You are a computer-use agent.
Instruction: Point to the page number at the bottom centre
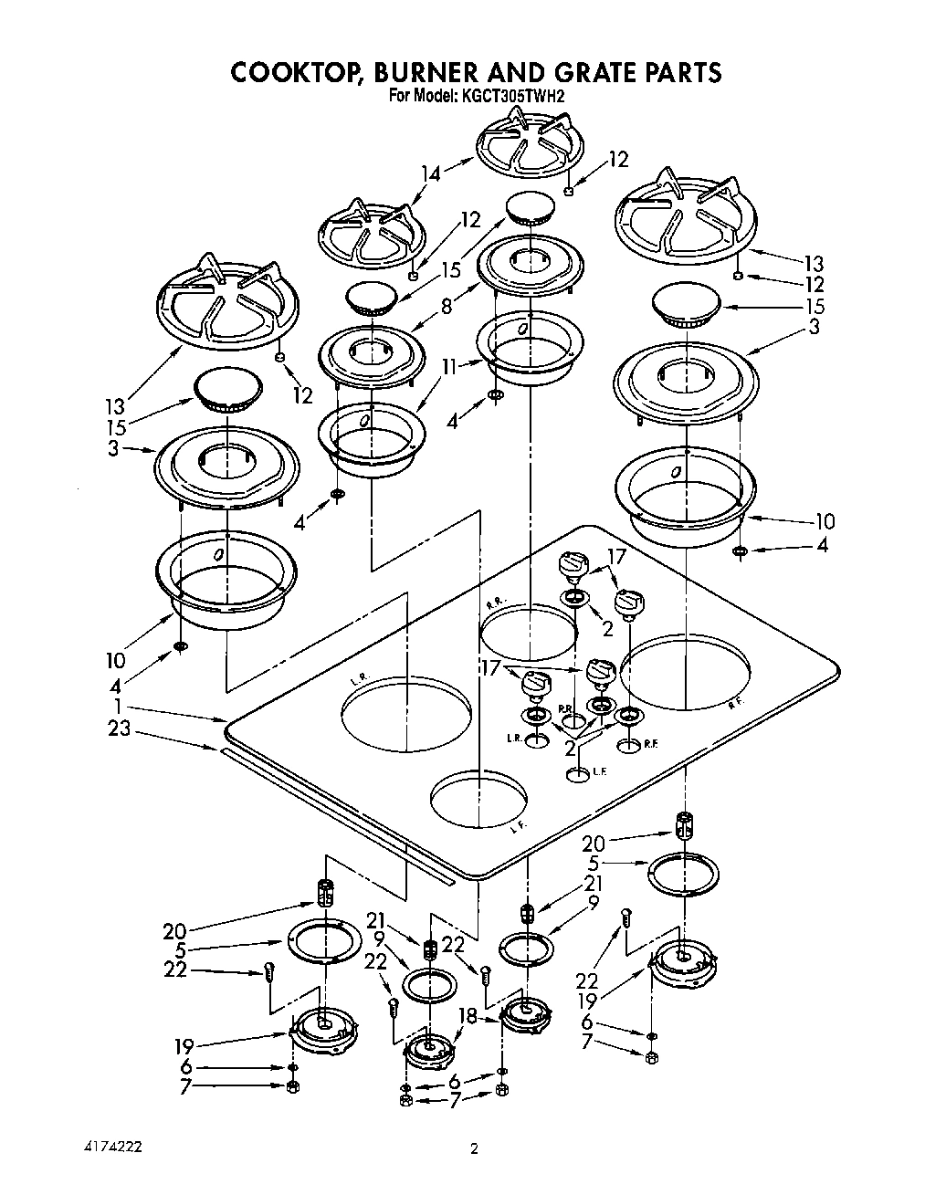point(474,1149)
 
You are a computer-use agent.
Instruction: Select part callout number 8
point(447,307)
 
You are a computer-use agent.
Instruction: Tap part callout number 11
point(449,366)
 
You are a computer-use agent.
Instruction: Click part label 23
point(120,729)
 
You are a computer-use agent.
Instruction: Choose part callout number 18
point(467,1016)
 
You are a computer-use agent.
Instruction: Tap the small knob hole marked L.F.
point(577,775)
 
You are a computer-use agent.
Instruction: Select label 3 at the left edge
point(112,448)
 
